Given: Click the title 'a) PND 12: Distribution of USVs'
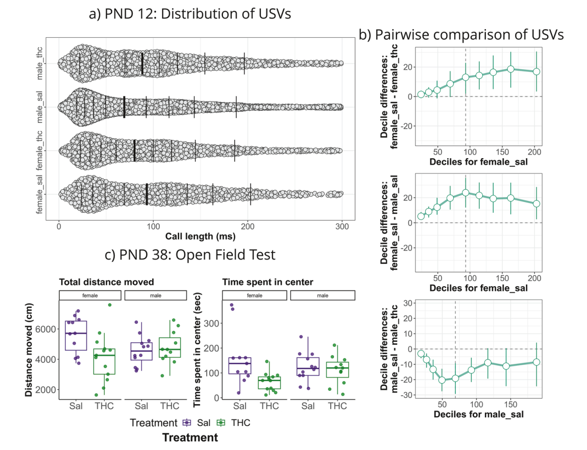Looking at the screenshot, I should (190, 14).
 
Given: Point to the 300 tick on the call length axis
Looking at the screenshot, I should (342, 226).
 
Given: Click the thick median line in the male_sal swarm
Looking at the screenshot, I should (125, 107).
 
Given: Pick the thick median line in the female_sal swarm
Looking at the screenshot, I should (146, 194).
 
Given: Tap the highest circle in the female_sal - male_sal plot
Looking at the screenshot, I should (466, 193).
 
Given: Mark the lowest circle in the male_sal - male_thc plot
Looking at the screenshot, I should (442, 380).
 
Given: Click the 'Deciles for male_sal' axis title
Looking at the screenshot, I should (478, 415).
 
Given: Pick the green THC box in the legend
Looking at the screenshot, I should (222, 422).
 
